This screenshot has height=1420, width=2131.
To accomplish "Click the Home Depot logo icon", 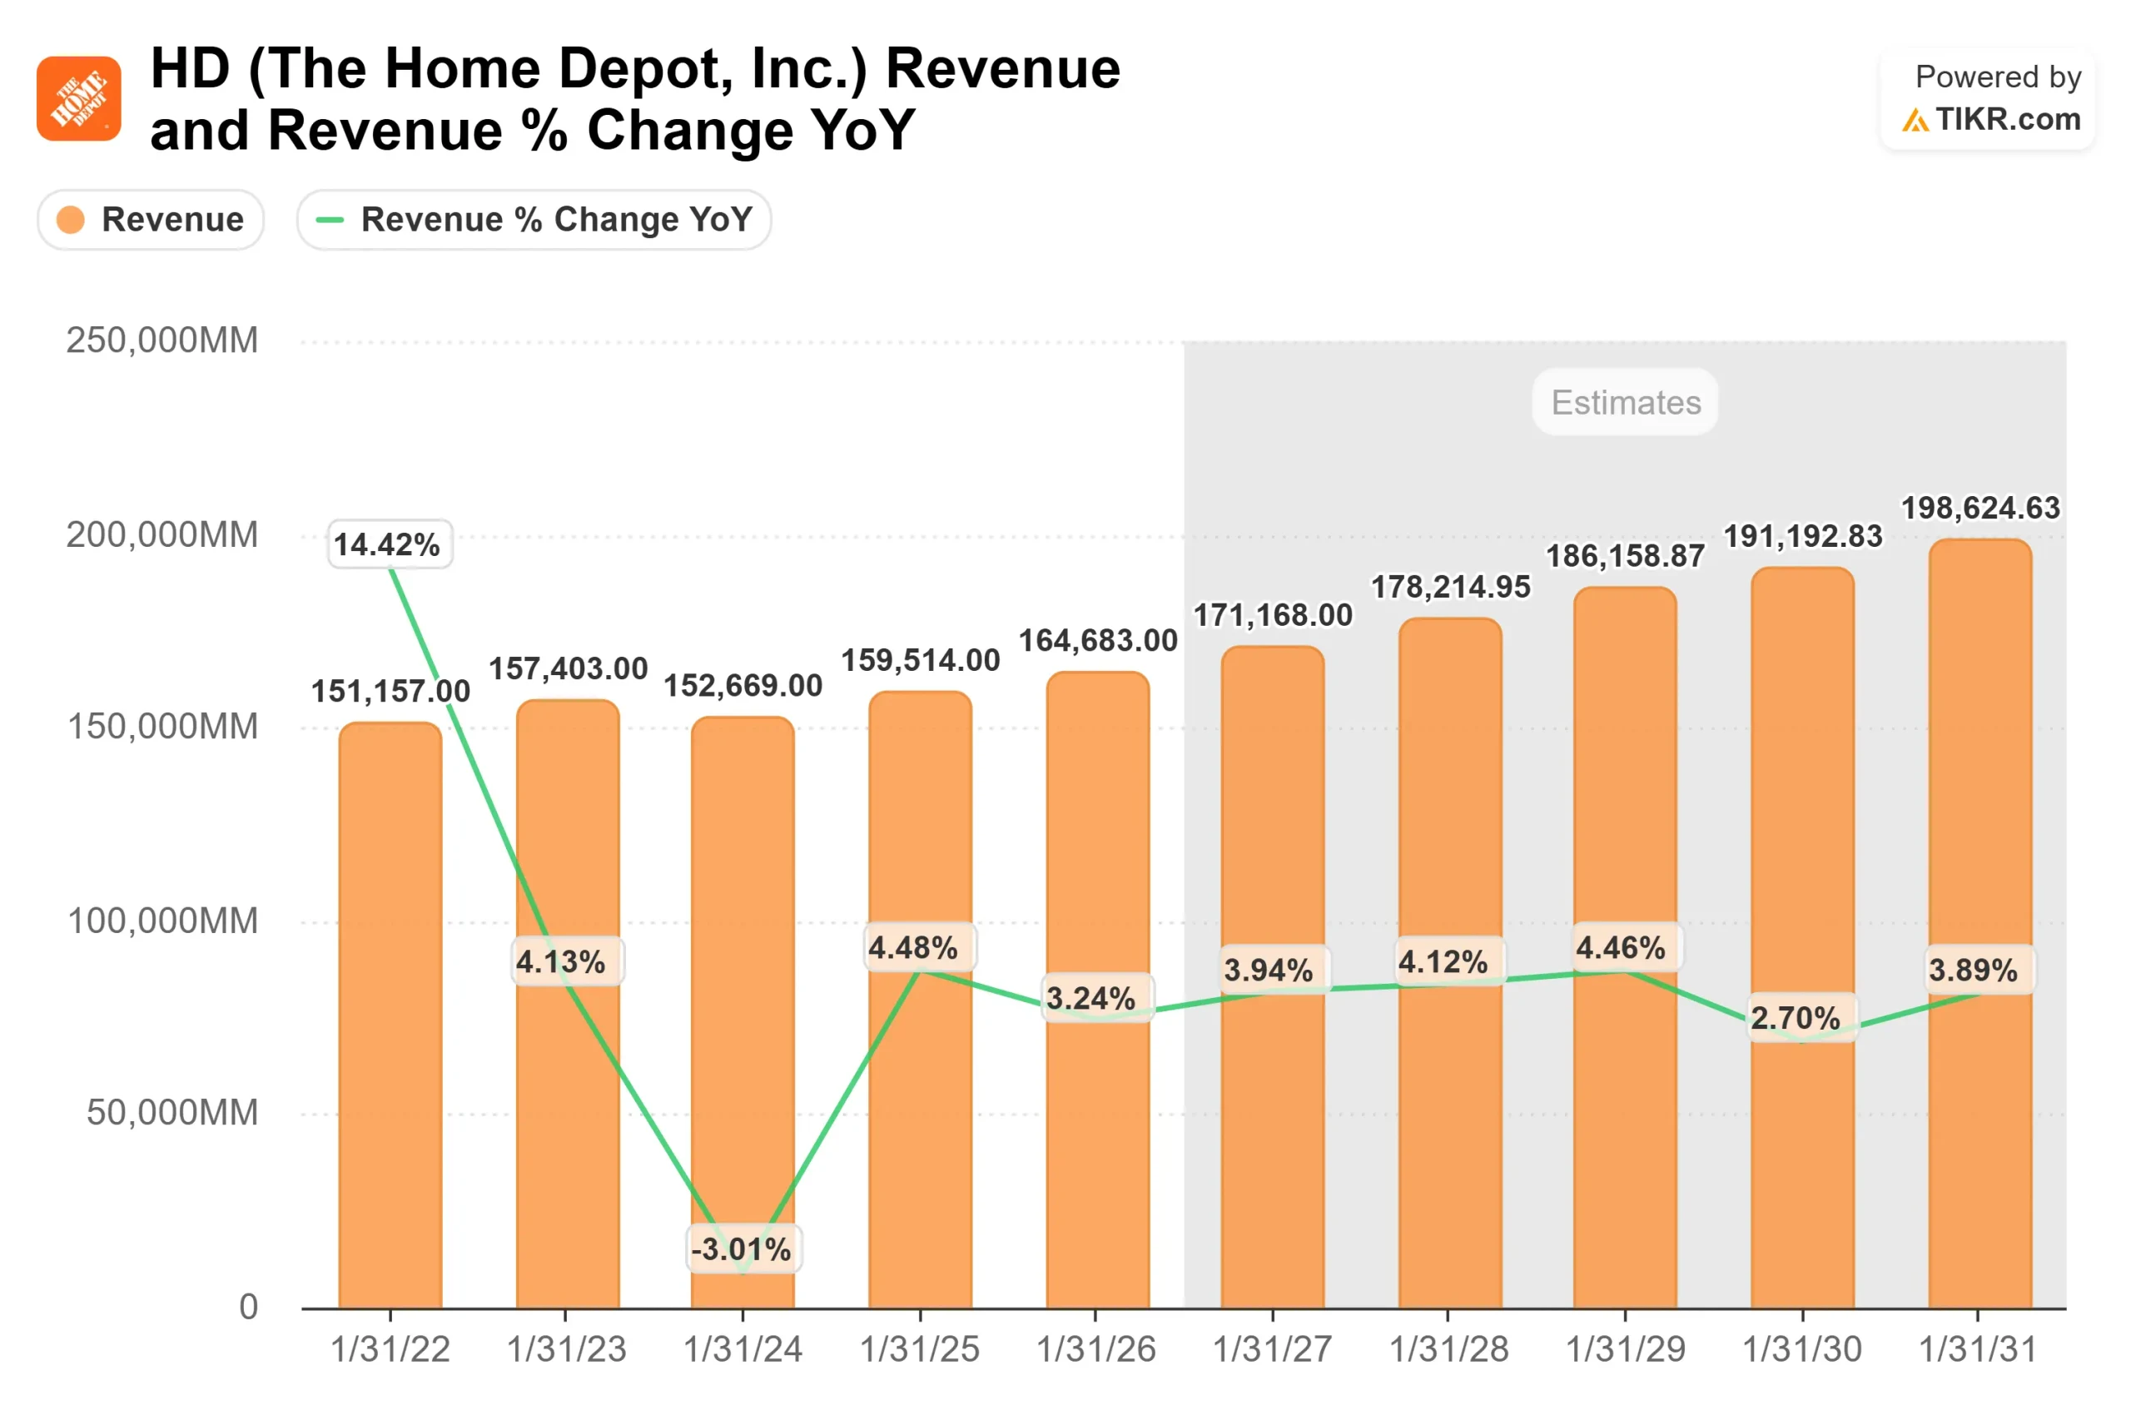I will (79, 99).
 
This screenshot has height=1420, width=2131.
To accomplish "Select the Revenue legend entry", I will (151, 219).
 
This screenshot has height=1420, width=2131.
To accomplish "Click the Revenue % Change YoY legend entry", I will (534, 219).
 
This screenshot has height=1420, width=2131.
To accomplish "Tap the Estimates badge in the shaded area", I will (1625, 402).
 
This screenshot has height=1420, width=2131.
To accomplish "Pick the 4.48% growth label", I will (915, 948).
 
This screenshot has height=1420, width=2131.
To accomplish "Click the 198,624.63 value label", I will (1979, 508).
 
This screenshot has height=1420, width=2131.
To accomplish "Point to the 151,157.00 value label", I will (390, 692).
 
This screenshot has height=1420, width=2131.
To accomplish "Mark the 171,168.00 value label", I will (1272, 616).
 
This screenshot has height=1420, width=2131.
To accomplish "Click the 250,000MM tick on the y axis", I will (162, 340).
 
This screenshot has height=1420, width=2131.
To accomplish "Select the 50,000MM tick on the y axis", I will (172, 1112).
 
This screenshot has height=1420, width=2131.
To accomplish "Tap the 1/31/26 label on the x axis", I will (1095, 1349).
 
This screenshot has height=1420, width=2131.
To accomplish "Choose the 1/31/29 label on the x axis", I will (1625, 1349).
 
